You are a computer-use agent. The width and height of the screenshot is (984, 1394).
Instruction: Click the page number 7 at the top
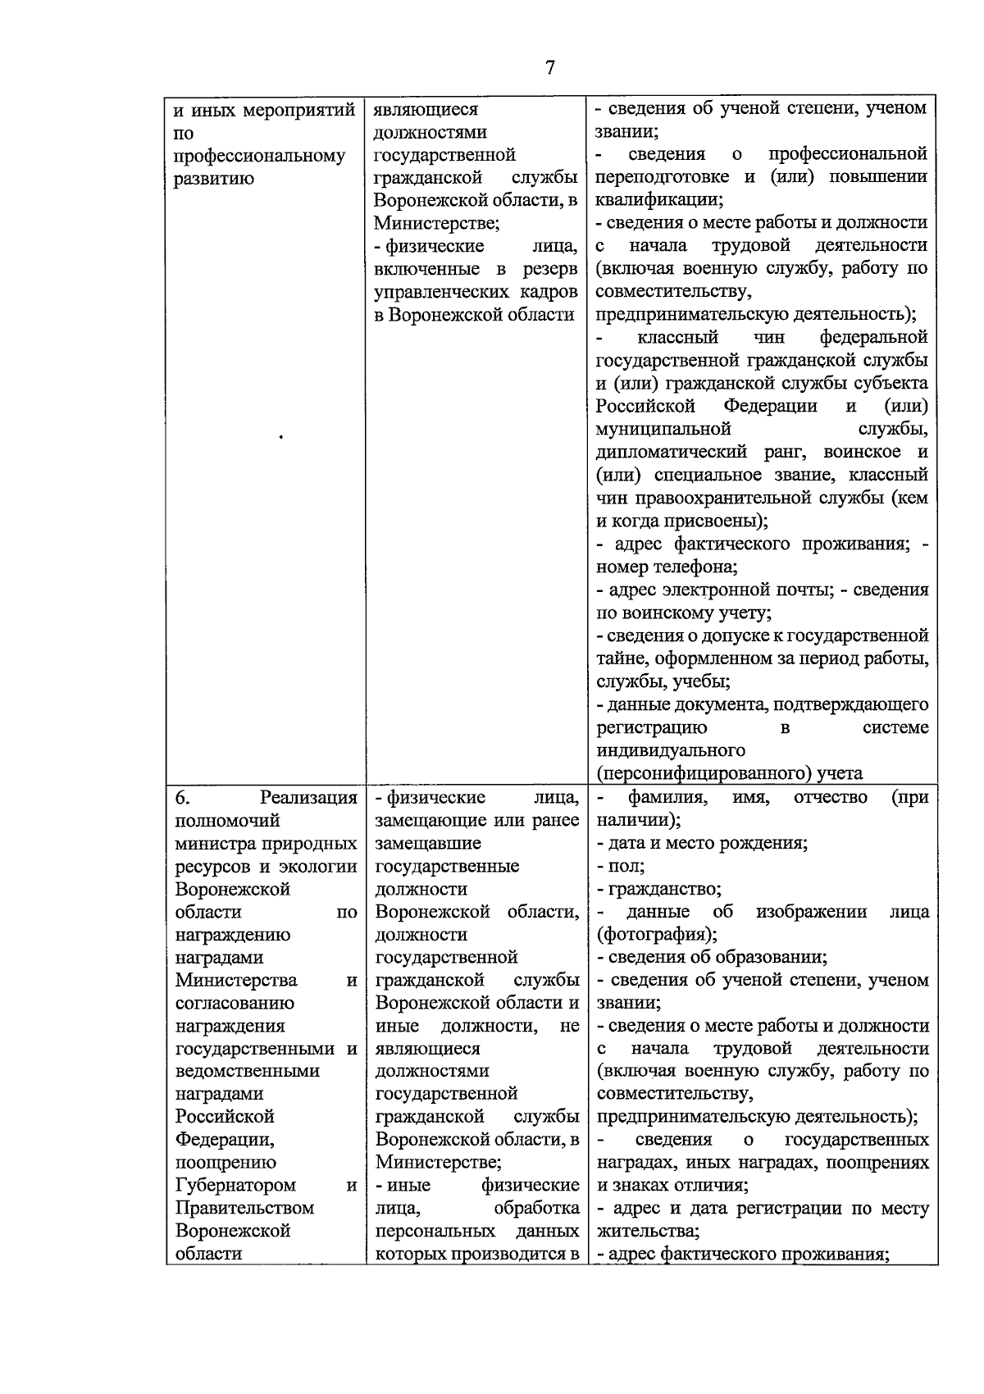(549, 68)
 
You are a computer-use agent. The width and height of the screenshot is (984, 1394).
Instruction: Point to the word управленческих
(438, 292)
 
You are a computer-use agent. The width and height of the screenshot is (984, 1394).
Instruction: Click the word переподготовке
(666, 177)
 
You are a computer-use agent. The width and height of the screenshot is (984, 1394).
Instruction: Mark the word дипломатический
(672, 453)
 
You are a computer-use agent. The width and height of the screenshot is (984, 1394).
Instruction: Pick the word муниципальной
(663, 430)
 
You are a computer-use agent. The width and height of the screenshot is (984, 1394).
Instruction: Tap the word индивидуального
(671, 751)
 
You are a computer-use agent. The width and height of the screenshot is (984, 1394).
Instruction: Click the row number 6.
(182, 798)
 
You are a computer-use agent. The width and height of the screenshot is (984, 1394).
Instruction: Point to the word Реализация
(308, 798)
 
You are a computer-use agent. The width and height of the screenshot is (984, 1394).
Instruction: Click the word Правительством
(244, 1209)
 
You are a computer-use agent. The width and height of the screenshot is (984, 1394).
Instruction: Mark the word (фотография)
(657, 935)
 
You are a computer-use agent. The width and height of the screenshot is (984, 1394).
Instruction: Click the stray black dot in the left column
(281, 437)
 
